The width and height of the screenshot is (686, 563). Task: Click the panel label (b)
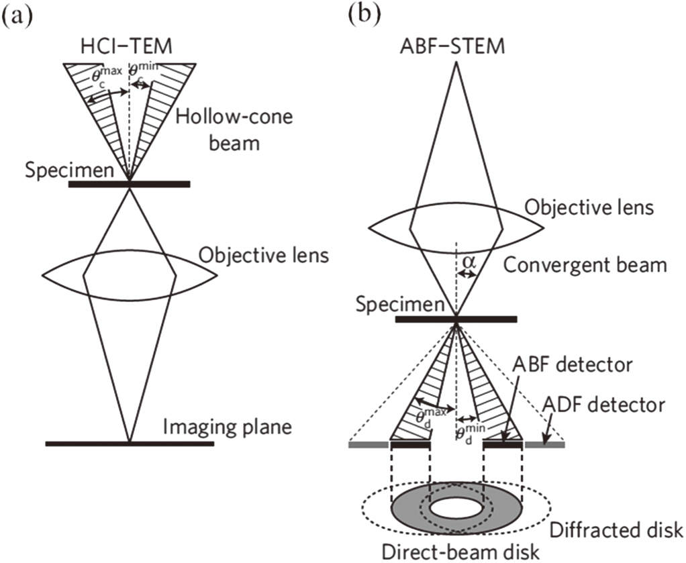tap(363, 15)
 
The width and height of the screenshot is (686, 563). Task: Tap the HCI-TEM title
tap(129, 48)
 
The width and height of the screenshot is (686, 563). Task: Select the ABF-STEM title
tap(456, 48)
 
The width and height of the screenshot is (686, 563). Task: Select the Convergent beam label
tap(585, 264)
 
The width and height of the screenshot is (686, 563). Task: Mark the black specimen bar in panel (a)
tap(129, 183)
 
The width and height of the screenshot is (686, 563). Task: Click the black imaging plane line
tap(129, 444)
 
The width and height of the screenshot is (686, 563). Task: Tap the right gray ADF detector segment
tap(544, 444)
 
